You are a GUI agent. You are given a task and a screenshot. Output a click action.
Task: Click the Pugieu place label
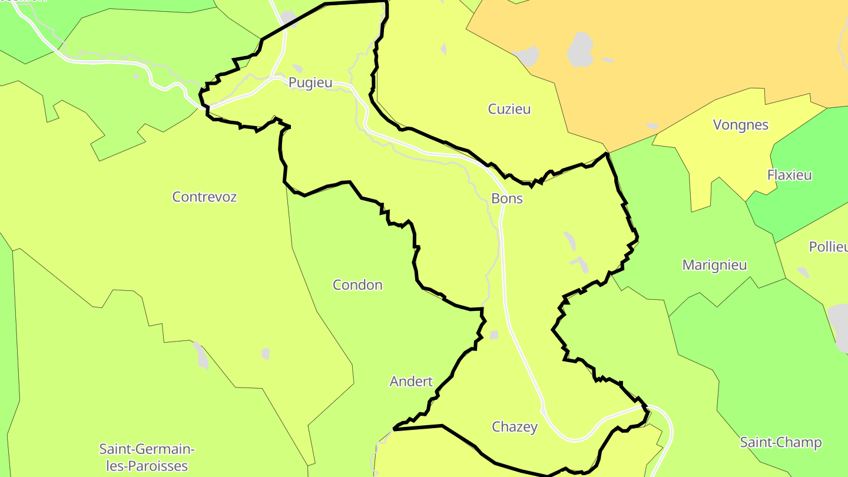click(x=310, y=83)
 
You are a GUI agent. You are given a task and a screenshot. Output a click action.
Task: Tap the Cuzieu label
click(x=509, y=109)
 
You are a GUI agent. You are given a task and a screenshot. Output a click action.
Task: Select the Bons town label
click(x=507, y=198)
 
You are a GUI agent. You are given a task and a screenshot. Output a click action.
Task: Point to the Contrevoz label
click(x=204, y=197)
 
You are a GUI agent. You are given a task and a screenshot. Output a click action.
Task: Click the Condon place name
click(x=357, y=285)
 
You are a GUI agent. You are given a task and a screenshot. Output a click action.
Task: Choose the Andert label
click(x=411, y=382)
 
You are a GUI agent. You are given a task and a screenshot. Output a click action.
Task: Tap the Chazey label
click(x=515, y=427)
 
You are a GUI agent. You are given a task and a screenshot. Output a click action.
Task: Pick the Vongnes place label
click(x=741, y=125)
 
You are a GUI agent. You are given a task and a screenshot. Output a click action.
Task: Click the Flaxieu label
click(x=790, y=175)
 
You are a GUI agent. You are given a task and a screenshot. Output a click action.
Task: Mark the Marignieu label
click(x=714, y=265)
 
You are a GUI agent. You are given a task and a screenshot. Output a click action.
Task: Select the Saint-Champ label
click(x=781, y=442)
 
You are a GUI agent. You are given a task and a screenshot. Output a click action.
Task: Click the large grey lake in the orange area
click(x=581, y=49)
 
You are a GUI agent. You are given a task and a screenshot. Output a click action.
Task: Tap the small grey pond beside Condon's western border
click(x=266, y=353)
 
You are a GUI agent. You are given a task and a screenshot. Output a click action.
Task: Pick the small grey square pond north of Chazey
click(x=493, y=335)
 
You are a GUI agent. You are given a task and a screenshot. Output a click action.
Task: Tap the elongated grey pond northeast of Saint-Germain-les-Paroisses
click(x=201, y=356)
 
